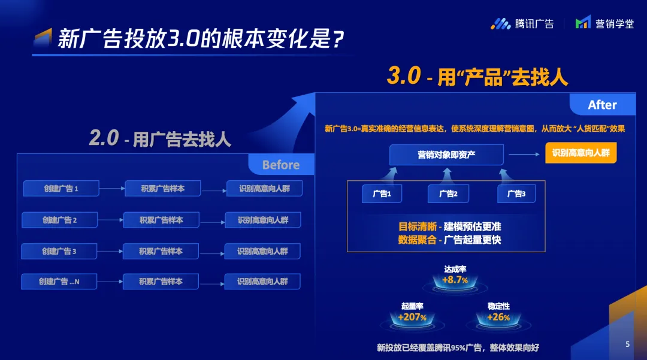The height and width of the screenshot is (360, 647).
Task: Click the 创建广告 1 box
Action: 61,189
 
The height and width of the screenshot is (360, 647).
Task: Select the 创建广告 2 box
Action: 59,220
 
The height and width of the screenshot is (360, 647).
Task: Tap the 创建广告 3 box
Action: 59,251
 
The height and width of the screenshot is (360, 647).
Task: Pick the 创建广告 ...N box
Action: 59,282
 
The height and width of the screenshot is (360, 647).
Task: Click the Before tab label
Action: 281,165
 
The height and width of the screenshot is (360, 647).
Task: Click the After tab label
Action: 603,105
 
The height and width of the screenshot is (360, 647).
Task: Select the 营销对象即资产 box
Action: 446,155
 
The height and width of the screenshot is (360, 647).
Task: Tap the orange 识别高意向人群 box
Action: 581,153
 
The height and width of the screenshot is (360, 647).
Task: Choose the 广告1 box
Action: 382,194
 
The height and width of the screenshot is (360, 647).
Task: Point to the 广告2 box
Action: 448,194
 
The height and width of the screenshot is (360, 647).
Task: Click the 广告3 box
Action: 516,194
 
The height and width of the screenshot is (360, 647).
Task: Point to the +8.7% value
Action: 455,280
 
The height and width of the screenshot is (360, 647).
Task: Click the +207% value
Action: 412,317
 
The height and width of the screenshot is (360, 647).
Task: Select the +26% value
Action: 498,317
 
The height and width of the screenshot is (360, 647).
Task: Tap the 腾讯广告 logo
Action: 522,24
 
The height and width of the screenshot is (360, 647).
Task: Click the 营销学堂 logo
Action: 604,23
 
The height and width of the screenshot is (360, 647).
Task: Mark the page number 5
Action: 628,344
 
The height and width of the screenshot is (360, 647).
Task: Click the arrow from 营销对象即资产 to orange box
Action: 524,154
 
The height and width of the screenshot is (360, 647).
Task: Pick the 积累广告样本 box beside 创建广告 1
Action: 162,189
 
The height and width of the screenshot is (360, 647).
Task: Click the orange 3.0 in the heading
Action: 404,75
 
